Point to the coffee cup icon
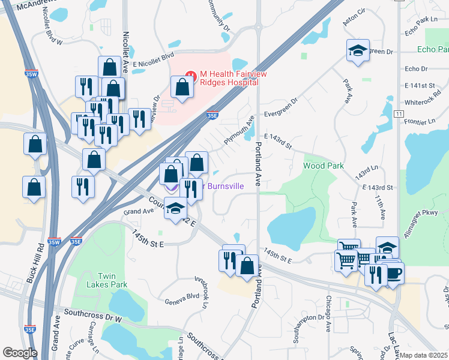click(x=393, y=272)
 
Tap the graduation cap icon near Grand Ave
click(x=175, y=208)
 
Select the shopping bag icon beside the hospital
click(x=182, y=87)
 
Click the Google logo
click(x=20, y=353)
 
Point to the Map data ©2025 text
click(x=424, y=355)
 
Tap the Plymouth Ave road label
click(x=239, y=130)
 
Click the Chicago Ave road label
click(x=328, y=313)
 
